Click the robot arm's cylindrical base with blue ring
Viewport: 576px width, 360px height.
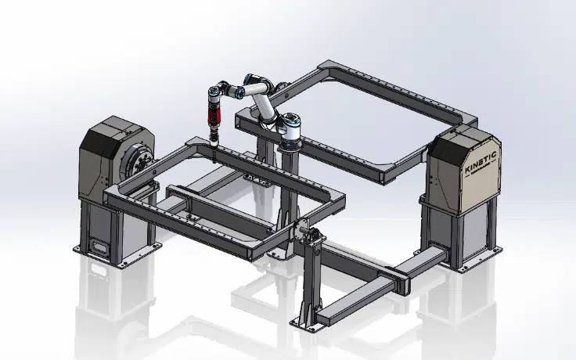pyautogui.click(x=290, y=133)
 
